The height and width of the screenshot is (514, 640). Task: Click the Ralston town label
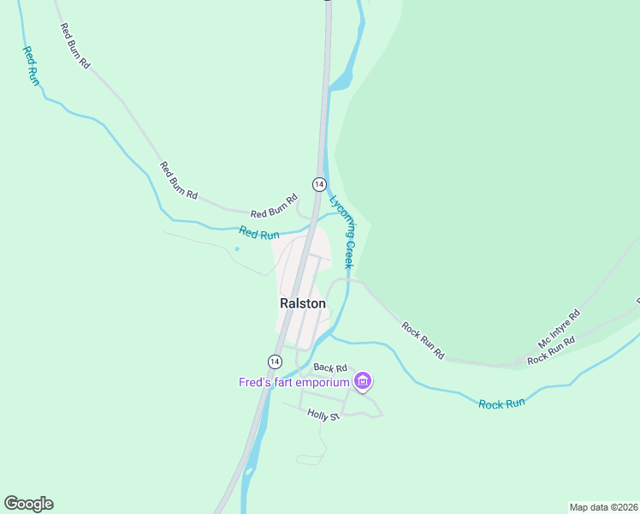pos(302,303)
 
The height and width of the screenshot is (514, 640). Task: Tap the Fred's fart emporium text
pos(293,382)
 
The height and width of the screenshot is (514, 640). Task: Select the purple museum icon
pos(363,381)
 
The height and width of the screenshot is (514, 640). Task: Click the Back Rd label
pos(329,368)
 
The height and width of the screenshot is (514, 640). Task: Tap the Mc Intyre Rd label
pos(559,328)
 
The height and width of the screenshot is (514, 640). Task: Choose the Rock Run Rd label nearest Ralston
pos(424,340)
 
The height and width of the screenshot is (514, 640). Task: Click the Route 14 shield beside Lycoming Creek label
pos(318,184)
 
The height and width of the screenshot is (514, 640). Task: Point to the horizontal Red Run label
pos(259,232)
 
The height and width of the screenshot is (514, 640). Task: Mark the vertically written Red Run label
pos(31,65)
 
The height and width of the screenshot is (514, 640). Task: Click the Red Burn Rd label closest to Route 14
pos(273,212)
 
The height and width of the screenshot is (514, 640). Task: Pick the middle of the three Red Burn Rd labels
pos(179,181)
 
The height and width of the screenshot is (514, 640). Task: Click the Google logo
pos(28,504)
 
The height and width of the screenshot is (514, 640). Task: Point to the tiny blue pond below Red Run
pos(236,249)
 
